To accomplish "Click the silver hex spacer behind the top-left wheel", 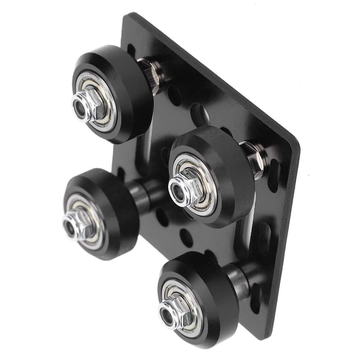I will (148, 72).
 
